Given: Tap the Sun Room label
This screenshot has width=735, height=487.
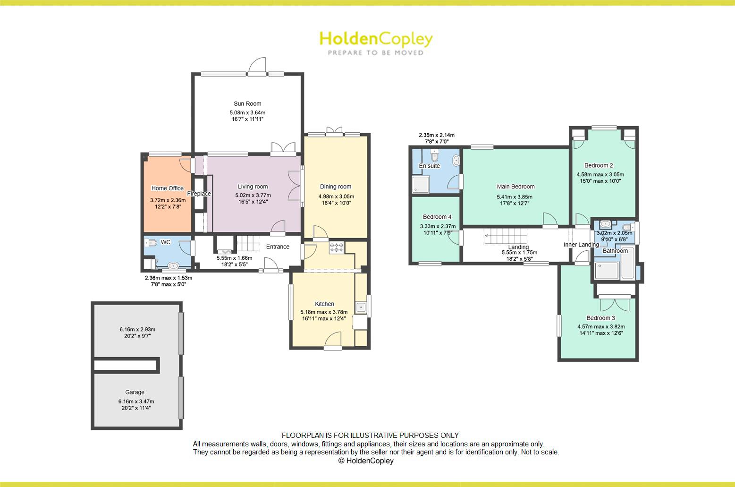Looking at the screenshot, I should click(247, 104).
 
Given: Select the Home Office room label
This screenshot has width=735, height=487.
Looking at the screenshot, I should click(167, 188).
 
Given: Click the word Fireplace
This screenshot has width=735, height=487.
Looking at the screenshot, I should click(199, 194).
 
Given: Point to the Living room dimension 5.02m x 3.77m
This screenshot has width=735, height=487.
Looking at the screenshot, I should click(253, 195).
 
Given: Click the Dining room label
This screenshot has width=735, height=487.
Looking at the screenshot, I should click(336, 187).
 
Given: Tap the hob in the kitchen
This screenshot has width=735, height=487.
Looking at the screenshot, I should click(337, 247).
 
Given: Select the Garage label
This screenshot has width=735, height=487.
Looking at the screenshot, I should click(135, 392).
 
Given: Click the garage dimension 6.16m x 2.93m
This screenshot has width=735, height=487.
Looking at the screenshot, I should click(137, 329).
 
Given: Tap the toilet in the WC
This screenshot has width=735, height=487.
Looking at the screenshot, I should click(151, 243).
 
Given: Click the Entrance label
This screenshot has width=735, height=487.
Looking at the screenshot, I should click(278, 247).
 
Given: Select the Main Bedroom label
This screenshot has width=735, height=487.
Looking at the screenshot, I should click(515, 187).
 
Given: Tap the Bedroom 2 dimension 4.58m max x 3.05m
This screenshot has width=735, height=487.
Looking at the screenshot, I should click(600, 174).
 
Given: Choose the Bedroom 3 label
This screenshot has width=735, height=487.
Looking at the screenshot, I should click(600, 318).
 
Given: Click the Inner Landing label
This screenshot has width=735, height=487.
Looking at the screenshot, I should click(581, 245).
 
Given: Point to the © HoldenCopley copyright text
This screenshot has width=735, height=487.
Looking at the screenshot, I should click(366, 461).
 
